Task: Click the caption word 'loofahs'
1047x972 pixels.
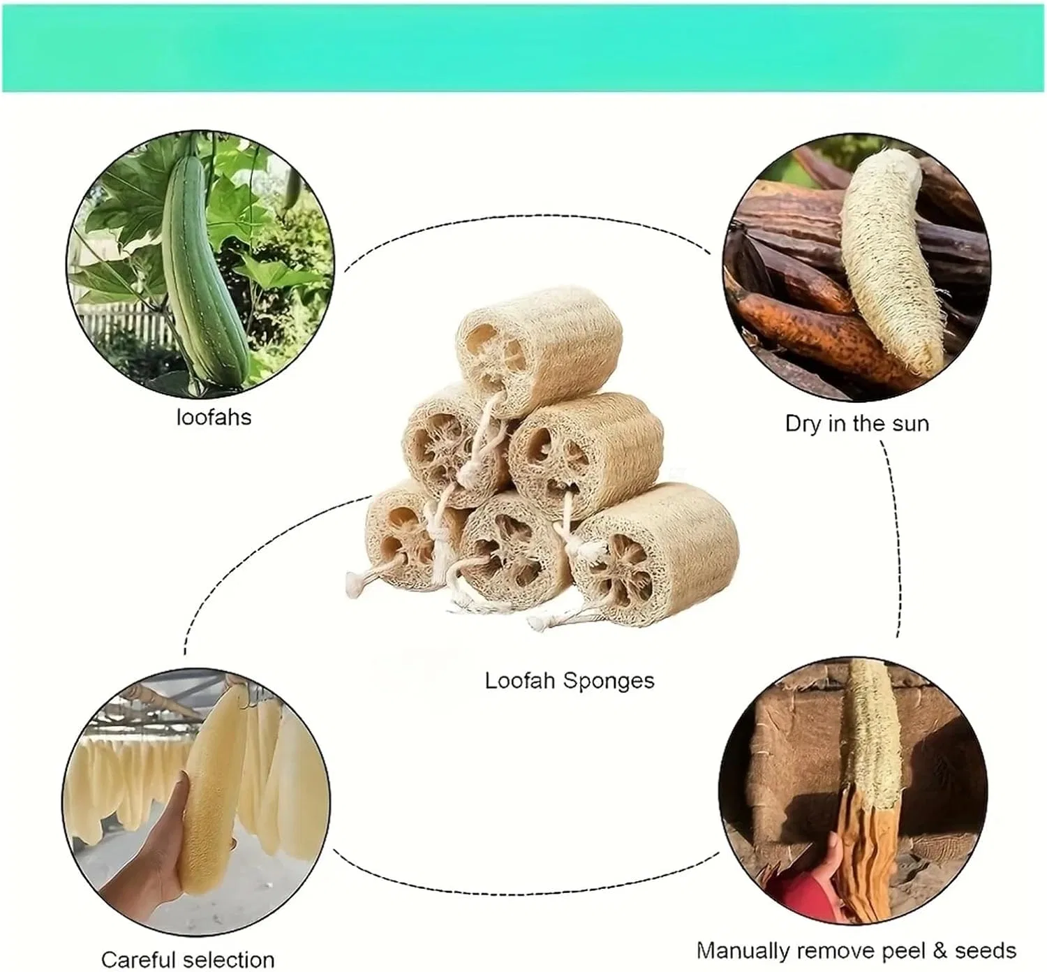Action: coord(214,417)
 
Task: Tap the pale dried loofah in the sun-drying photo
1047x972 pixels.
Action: coord(890,260)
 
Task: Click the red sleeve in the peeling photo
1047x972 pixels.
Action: coord(804,887)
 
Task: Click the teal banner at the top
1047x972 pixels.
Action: coord(523,48)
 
